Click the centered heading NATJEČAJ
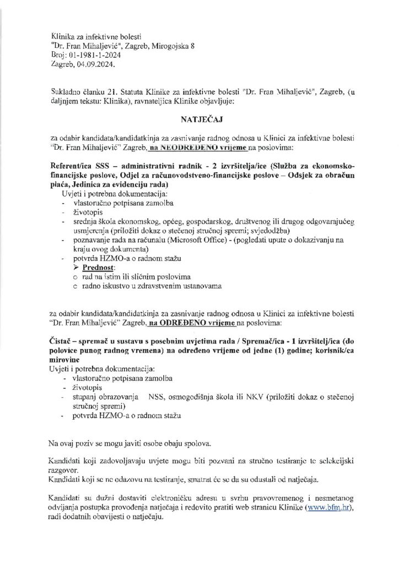[x=199, y=118]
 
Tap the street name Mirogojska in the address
[x=170, y=46]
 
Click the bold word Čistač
[x=61, y=339]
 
